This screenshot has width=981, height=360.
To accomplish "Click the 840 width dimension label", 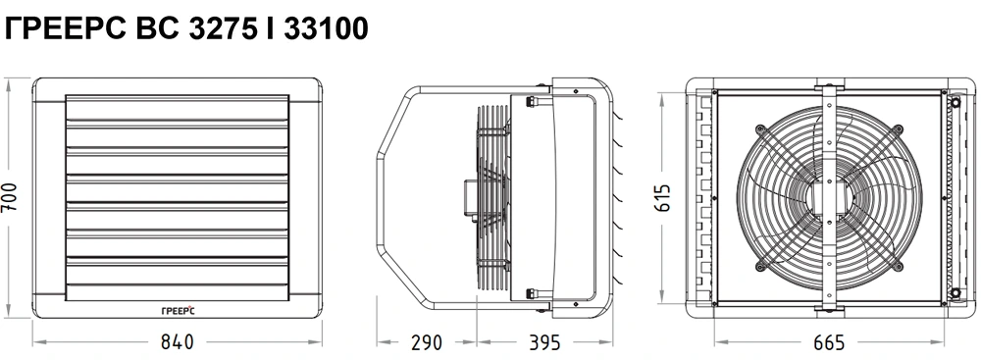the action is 177,342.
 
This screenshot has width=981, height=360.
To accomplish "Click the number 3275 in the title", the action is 222,28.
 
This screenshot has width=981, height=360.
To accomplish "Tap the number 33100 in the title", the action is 326,28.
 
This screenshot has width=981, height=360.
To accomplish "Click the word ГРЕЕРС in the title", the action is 66,28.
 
